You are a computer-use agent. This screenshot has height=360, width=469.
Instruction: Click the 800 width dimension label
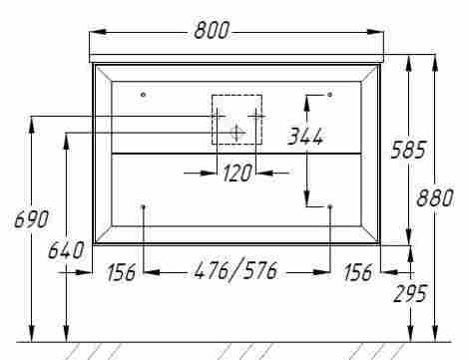[212, 31]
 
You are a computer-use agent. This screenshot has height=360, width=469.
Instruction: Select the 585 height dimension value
[408, 150]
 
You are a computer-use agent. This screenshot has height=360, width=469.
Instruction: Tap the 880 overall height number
[435, 197]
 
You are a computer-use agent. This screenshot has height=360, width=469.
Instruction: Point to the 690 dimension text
[31, 219]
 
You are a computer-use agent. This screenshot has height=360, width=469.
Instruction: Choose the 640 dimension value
[66, 250]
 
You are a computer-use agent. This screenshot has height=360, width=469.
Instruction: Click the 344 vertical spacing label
[305, 137]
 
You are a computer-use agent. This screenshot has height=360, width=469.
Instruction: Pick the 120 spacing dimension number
[237, 173]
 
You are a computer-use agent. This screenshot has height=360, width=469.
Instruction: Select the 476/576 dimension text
[235, 270]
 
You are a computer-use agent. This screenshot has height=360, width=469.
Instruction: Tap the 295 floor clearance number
[410, 294]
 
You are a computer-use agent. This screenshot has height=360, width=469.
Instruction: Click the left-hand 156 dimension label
[121, 272]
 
